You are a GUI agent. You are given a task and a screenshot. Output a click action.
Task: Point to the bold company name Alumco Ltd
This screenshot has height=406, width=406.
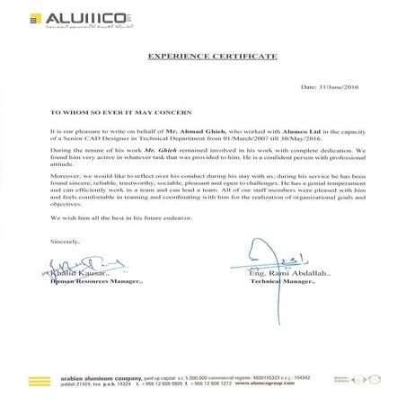[296, 131]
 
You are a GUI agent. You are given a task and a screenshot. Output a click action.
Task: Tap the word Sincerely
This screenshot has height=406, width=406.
[56, 242]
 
